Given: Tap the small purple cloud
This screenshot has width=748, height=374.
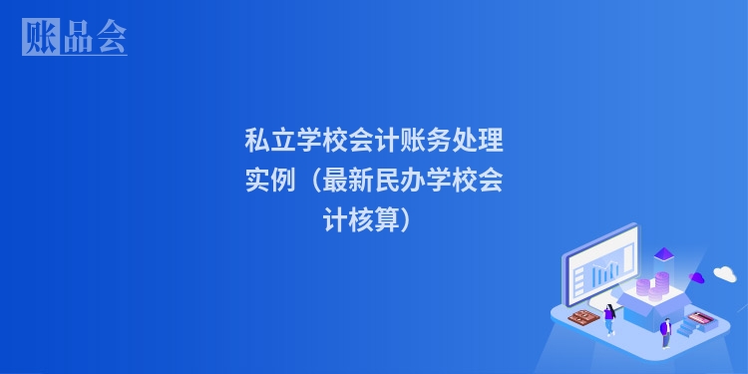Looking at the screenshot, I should coord(698,277).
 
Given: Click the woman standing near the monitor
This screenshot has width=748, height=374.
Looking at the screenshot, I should coord(609,318).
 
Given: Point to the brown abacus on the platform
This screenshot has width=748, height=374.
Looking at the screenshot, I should coord(582,318).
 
